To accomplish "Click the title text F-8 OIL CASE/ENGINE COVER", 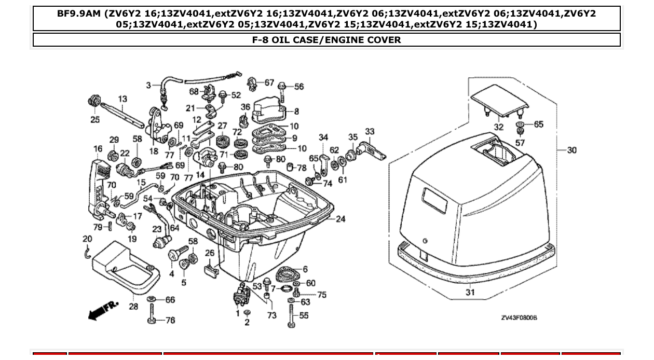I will coord(326,40).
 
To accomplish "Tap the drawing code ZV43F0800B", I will coord(519,317).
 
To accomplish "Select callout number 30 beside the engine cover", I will coord(571,150).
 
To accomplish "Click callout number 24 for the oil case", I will coord(340,219).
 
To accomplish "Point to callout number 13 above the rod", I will coord(122,99).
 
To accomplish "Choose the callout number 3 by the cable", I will coord(148,85).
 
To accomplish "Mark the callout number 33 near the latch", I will coord(370,132).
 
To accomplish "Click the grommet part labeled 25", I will coord(94,100).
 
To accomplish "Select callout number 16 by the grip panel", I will coord(98,149).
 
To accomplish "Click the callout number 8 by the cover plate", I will coord(296,111).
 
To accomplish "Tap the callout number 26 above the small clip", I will coord(210,253).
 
